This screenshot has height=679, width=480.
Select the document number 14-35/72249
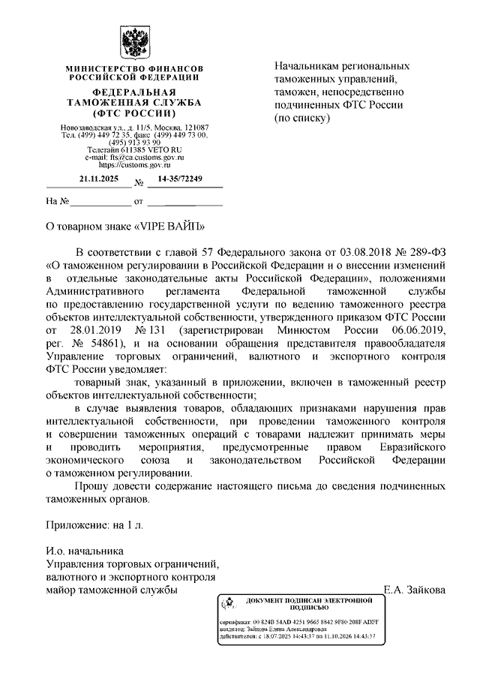click(x=180, y=179)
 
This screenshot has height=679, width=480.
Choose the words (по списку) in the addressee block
click(x=303, y=119)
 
